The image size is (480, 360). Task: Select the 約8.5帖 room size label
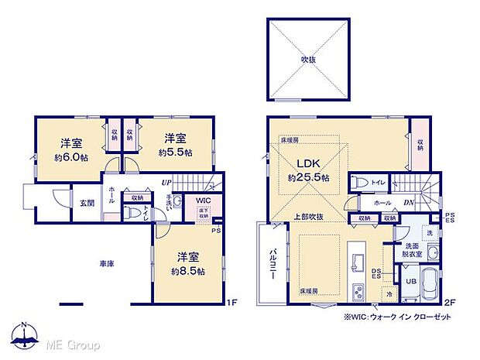point(188,272)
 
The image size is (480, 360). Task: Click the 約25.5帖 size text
point(309,177)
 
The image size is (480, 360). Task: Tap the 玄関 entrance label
point(86,204)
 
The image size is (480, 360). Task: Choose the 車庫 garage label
point(107,264)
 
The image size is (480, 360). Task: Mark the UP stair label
point(165,182)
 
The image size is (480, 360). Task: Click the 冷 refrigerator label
point(389,294)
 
